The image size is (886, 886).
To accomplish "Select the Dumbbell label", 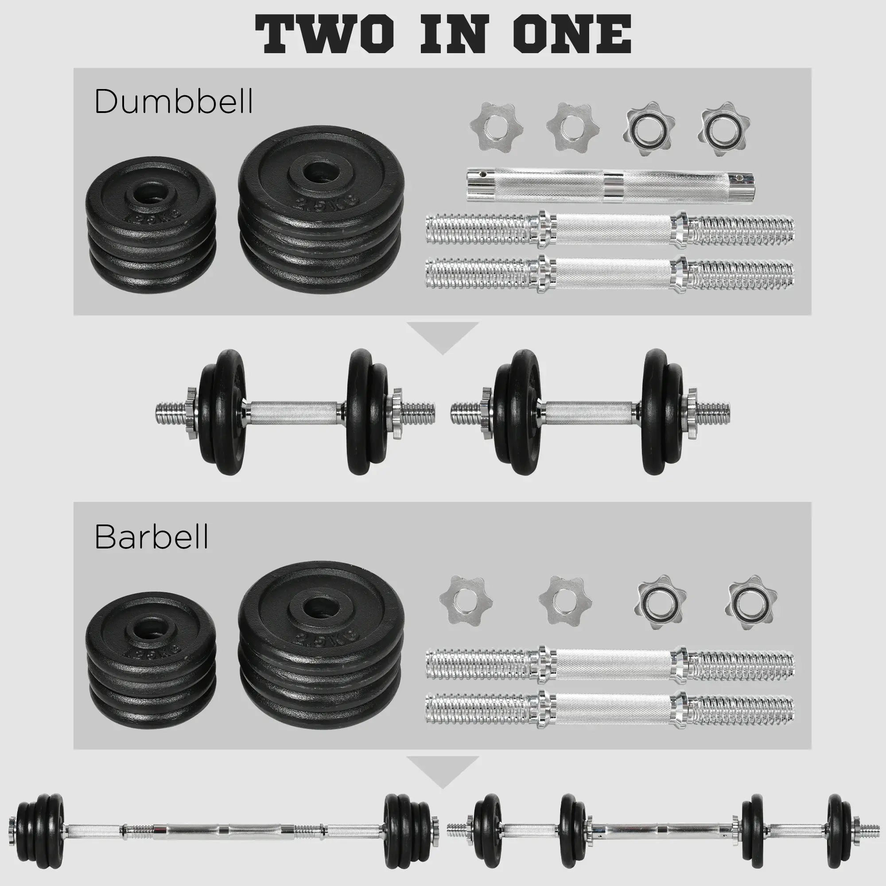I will point(173,101).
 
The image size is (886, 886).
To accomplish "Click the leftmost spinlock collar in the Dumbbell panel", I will point(496,128).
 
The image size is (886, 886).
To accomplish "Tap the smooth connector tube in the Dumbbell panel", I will point(610,186).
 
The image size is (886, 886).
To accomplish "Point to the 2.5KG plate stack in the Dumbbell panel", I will point(321,206).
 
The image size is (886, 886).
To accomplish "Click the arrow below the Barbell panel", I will point(443,770).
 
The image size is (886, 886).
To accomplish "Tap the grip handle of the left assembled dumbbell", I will point(294,412).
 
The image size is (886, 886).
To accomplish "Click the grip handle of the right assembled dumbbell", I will point(589,412).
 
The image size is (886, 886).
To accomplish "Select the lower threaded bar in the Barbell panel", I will point(610,709).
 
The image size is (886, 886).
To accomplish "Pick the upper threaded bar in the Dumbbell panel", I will point(610,227).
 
